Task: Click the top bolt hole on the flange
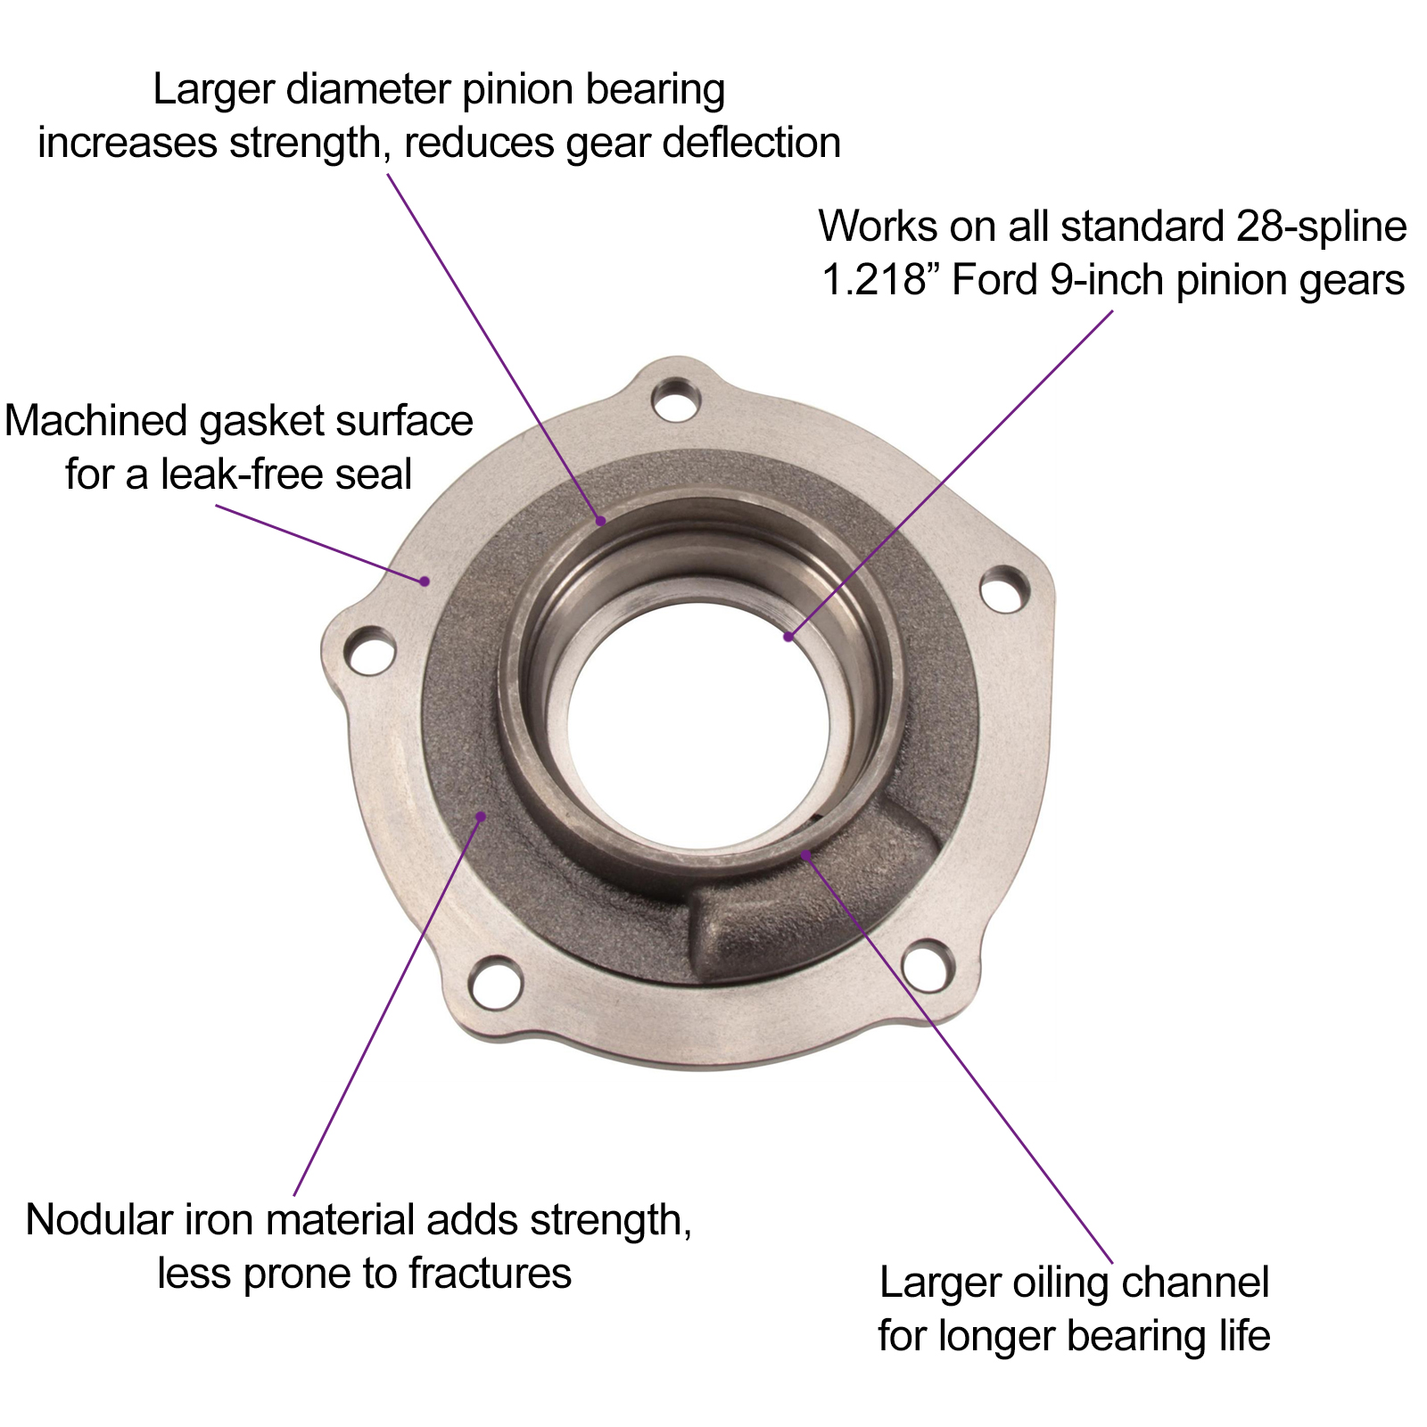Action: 676,400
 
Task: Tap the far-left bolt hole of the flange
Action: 370,653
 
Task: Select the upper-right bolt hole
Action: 1004,590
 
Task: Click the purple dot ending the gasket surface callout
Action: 426,582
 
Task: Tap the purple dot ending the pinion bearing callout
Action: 602,521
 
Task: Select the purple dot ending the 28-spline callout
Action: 788,636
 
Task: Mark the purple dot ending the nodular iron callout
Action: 481,815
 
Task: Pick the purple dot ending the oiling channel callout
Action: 805,854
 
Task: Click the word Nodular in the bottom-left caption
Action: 98,1219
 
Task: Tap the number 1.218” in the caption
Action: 879,280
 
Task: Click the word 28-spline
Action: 1321,227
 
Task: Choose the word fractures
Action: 489,1273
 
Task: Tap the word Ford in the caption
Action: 995,280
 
